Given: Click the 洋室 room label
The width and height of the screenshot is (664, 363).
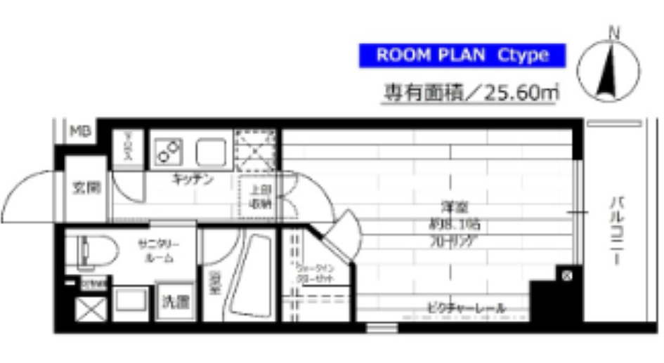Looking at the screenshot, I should [450, 208].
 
